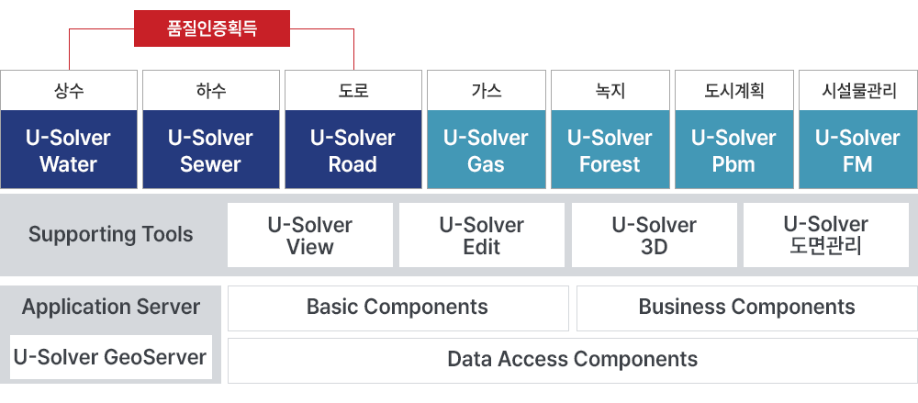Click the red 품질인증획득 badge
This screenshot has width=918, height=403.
[x=212, y=28]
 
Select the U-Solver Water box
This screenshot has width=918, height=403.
[x=69, y=150]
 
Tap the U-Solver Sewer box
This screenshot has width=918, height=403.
[x=211, y=150]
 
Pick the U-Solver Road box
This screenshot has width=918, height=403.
[x=353, y=150]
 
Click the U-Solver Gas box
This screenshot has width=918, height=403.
[x=486, y=150]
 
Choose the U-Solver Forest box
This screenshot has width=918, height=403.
[x=610, y=150]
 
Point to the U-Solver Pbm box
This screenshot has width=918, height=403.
[x=734, y=150]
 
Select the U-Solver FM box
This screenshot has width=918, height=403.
[x=857, y=150]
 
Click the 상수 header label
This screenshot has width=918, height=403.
[x=69, y=92]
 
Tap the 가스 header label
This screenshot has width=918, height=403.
[x=486, y=92]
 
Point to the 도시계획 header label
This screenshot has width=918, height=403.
[x=734, y=92]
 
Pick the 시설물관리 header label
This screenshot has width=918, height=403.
[x=858, y=92]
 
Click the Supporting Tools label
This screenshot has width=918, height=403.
[x=111, y=234]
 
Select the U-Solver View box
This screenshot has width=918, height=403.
[x=310, y=235]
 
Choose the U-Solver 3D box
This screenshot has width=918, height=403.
[x=655, y=235]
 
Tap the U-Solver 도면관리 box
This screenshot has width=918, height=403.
[x=826, y=235]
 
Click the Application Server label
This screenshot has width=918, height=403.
[x=111, y=307]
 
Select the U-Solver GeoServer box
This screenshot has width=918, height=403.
[x=111, y=357]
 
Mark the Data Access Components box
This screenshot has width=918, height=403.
[x=573, y=360]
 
